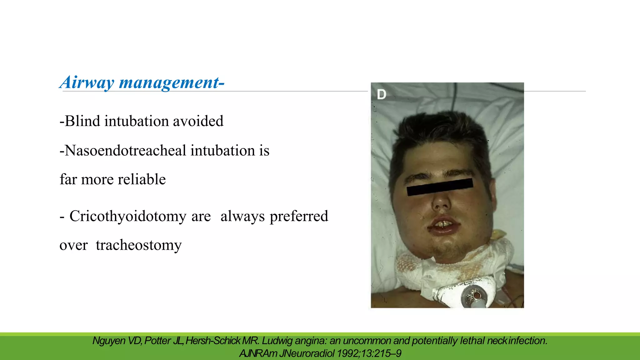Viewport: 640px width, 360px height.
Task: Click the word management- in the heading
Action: (172, 82)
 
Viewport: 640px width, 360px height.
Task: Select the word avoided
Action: (198, 121)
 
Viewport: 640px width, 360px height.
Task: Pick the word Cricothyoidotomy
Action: (128, 216)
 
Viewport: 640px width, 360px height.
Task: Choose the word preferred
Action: (299, 216)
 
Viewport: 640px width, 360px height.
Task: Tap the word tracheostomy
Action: (138, 245)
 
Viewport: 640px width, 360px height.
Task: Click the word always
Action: (242, 216)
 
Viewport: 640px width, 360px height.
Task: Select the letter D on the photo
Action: (382, 94)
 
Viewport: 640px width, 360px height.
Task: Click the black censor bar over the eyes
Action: (440, 187)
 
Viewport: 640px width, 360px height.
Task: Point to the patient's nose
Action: (441, 203)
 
